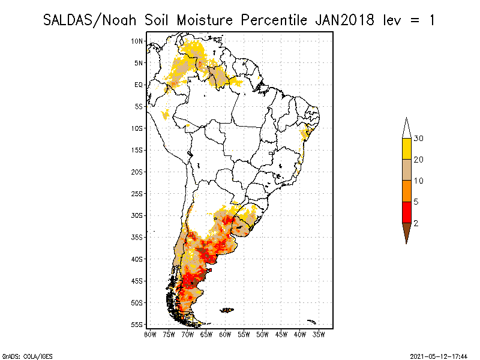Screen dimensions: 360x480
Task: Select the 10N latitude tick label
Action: point(137,41)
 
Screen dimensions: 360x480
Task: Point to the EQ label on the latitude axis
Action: point(139,85)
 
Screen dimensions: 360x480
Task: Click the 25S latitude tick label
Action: point(137,193)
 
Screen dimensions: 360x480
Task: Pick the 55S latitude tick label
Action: point(137,325)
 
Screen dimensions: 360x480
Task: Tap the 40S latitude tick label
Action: point(137,259)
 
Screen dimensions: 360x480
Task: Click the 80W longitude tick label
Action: point(150,334)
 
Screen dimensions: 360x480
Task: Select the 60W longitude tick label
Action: point(225,334)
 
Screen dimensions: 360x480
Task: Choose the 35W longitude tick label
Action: point(319,334)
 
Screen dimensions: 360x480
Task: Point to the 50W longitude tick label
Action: point(262,334)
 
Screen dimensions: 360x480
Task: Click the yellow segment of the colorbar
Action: point(406,149)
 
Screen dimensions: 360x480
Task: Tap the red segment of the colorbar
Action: point(406,212)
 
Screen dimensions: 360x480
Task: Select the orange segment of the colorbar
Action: point(406,191)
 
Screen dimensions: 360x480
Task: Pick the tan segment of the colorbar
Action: point(406,170)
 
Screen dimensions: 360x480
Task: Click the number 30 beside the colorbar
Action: point(419,139)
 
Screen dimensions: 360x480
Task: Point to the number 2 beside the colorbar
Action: point(416,223)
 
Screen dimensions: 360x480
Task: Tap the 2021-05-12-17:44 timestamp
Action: point(439,356)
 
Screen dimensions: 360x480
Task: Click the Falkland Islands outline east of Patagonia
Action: point(227,310)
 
